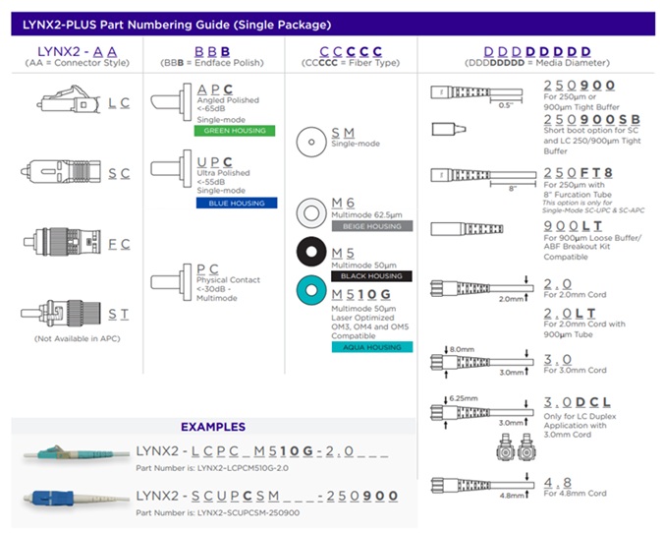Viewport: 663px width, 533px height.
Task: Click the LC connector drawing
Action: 65,102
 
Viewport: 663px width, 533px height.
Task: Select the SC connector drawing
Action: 61,174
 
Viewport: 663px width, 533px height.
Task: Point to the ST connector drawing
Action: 62,314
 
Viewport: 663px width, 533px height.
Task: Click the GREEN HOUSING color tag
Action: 235,131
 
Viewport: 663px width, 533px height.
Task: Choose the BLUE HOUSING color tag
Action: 234,203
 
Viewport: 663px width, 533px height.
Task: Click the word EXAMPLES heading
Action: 213,428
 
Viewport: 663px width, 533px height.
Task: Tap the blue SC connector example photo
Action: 72,495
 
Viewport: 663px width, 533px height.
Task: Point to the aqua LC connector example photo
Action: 72,453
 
